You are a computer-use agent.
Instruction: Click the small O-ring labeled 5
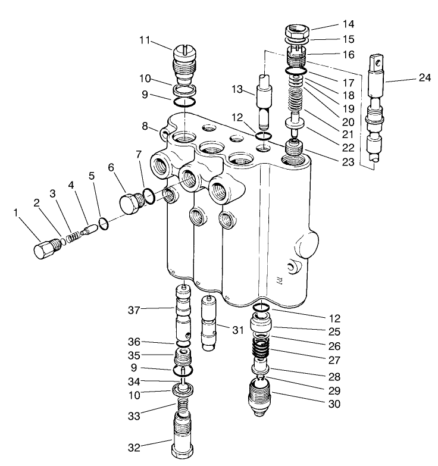point(103,224)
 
